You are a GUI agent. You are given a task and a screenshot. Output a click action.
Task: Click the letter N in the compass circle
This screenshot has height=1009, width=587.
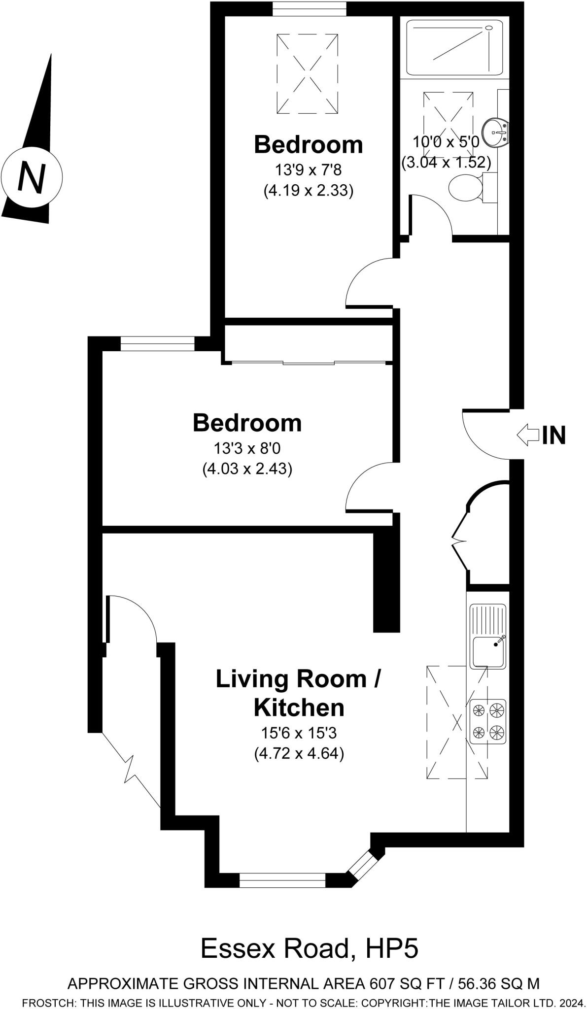coord(31,176)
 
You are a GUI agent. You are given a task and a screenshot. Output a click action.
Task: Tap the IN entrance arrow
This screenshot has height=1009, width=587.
coord(528,435)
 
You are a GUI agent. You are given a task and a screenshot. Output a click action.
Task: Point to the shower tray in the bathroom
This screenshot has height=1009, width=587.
coord(452,48)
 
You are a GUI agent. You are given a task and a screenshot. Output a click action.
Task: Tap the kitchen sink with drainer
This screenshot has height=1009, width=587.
coord(487,636)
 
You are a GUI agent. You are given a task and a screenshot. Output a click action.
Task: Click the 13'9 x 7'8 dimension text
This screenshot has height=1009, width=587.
coord(308,170)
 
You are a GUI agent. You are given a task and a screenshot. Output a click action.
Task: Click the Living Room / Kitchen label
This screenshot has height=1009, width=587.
coord(299,693)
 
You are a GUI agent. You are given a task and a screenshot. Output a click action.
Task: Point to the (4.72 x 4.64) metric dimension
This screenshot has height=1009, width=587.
coord(299,754)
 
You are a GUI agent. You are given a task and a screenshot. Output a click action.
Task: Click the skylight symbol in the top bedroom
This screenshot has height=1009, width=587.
coord(308,74)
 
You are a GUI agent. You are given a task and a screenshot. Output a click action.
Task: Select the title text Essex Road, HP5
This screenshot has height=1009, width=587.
coord(309,948)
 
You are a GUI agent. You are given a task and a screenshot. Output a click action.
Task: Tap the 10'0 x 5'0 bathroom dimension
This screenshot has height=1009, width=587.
coord(446,142)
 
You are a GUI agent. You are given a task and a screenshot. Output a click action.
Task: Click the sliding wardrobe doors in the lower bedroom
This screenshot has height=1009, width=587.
coord(309,364)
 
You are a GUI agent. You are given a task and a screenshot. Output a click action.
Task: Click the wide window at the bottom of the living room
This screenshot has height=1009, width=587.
coord(282,880)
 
